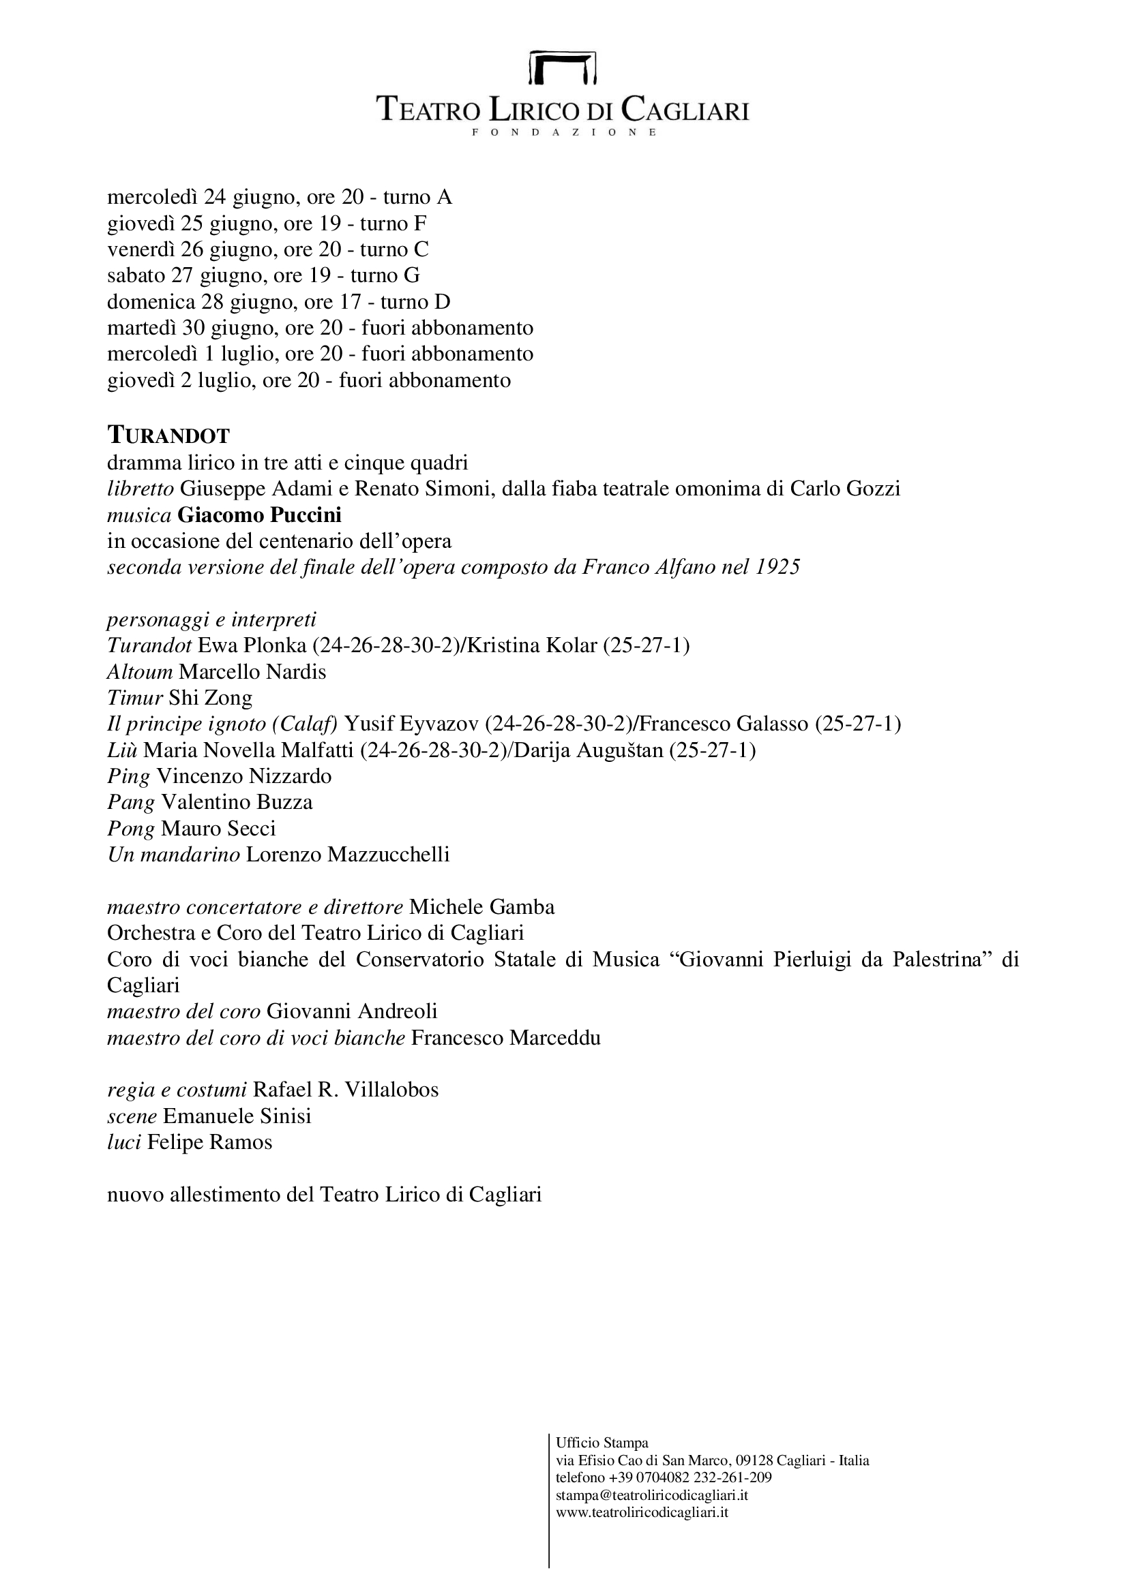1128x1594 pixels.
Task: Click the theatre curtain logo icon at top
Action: click(563, 67)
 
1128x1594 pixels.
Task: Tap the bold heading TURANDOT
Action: click(168, 436)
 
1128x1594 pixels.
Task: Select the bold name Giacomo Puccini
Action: click(259, 515)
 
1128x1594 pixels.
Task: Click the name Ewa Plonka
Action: click(252, 645)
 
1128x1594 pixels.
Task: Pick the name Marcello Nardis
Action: click(252, 672)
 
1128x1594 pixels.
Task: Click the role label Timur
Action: click(135, 698)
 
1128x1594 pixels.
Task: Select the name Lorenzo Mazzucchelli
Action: click(348, 855)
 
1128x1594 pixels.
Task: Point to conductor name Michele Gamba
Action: click(482, 907)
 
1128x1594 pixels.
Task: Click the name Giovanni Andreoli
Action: click(352, 1011)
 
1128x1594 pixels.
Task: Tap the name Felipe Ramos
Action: click(210, 1142)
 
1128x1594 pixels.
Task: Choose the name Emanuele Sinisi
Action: click(237, 1116)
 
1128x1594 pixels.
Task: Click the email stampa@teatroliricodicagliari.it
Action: click(651, 1495)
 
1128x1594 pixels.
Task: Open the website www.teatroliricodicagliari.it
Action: click(642, 1512)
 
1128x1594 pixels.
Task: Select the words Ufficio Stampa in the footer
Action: click(602, 1443)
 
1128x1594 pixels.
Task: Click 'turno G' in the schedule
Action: click(385, 275)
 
